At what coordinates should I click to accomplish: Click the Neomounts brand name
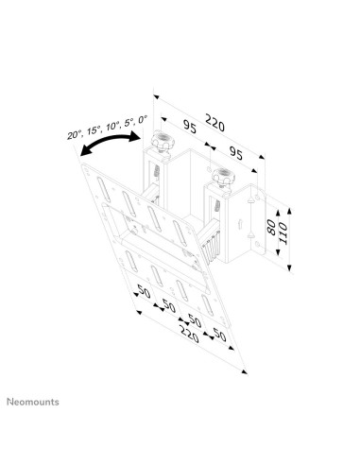[34, 402]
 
